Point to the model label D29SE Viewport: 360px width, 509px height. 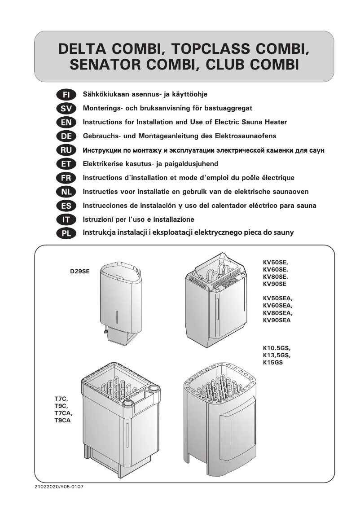tap(80, 272)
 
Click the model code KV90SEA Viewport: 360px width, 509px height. tap(277, 320)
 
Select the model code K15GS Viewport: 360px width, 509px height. tap(272, 362)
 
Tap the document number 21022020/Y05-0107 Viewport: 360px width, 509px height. tap(59, 487)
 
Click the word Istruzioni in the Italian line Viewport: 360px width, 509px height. tap(99, 219)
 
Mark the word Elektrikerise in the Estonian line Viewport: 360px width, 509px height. tap(104, 164)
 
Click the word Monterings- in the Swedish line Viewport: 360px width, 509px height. tap(103, 108)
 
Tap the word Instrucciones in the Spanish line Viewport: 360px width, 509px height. tap(107, 206)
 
